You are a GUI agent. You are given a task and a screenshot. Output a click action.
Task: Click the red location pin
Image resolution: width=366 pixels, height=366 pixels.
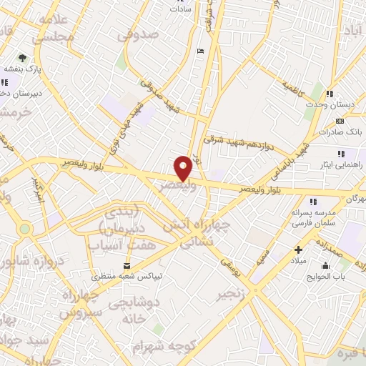click(x=183, y=167)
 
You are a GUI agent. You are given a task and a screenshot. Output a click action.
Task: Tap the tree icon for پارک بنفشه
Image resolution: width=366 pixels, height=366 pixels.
click(x=23, y=56)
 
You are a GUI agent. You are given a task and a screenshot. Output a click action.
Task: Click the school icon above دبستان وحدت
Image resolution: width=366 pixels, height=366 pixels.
click(x=330, y=94)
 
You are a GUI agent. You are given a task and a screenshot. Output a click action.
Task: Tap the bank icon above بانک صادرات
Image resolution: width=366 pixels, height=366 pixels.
click(x=330, y=122)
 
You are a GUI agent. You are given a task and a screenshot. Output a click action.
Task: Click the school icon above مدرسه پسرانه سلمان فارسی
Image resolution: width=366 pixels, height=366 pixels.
click(x=312, y=202)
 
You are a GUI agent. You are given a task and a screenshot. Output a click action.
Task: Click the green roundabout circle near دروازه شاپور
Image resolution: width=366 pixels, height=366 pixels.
click(x=26, y=229)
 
